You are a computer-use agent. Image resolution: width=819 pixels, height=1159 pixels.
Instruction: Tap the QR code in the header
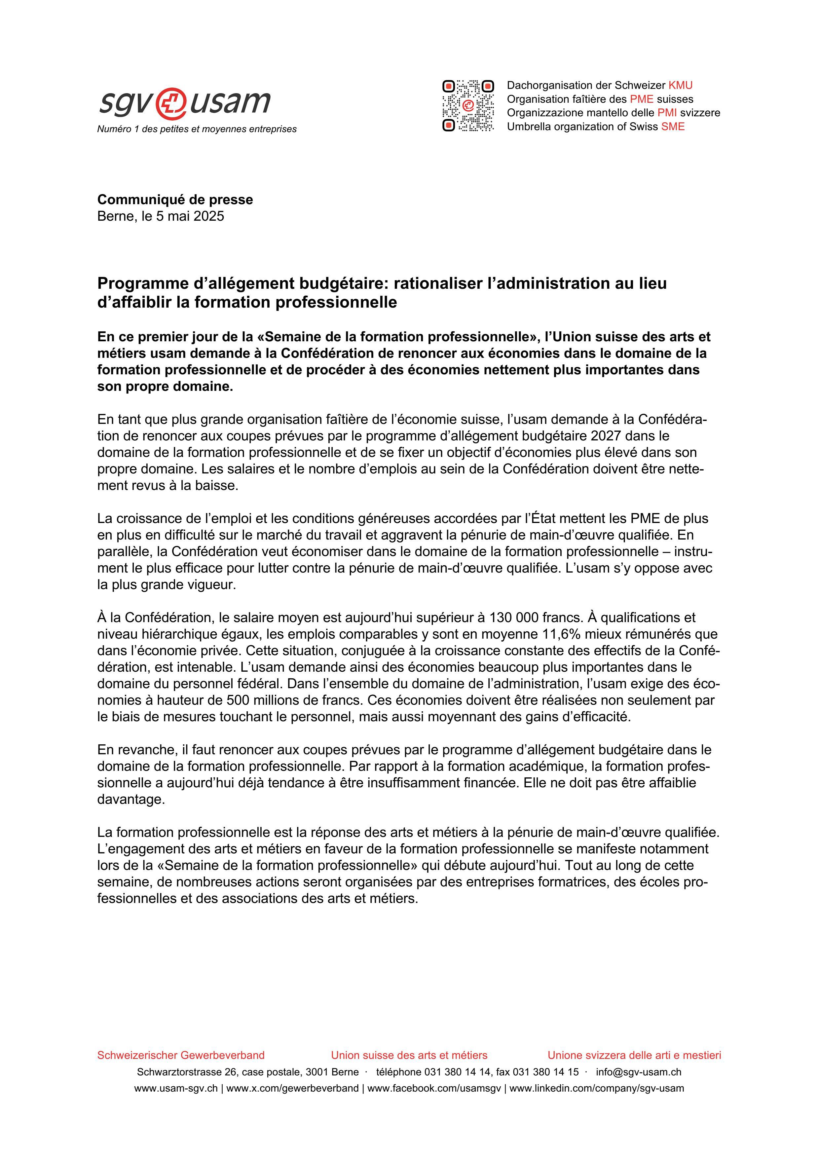468,106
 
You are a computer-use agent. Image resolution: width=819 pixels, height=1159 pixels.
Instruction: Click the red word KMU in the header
680,85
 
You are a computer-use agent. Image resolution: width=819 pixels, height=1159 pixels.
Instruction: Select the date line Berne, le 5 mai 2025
161,216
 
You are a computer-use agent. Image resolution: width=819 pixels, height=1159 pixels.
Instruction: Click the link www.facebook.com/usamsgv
434,1084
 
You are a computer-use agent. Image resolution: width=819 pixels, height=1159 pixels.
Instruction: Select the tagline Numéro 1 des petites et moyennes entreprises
197,129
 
